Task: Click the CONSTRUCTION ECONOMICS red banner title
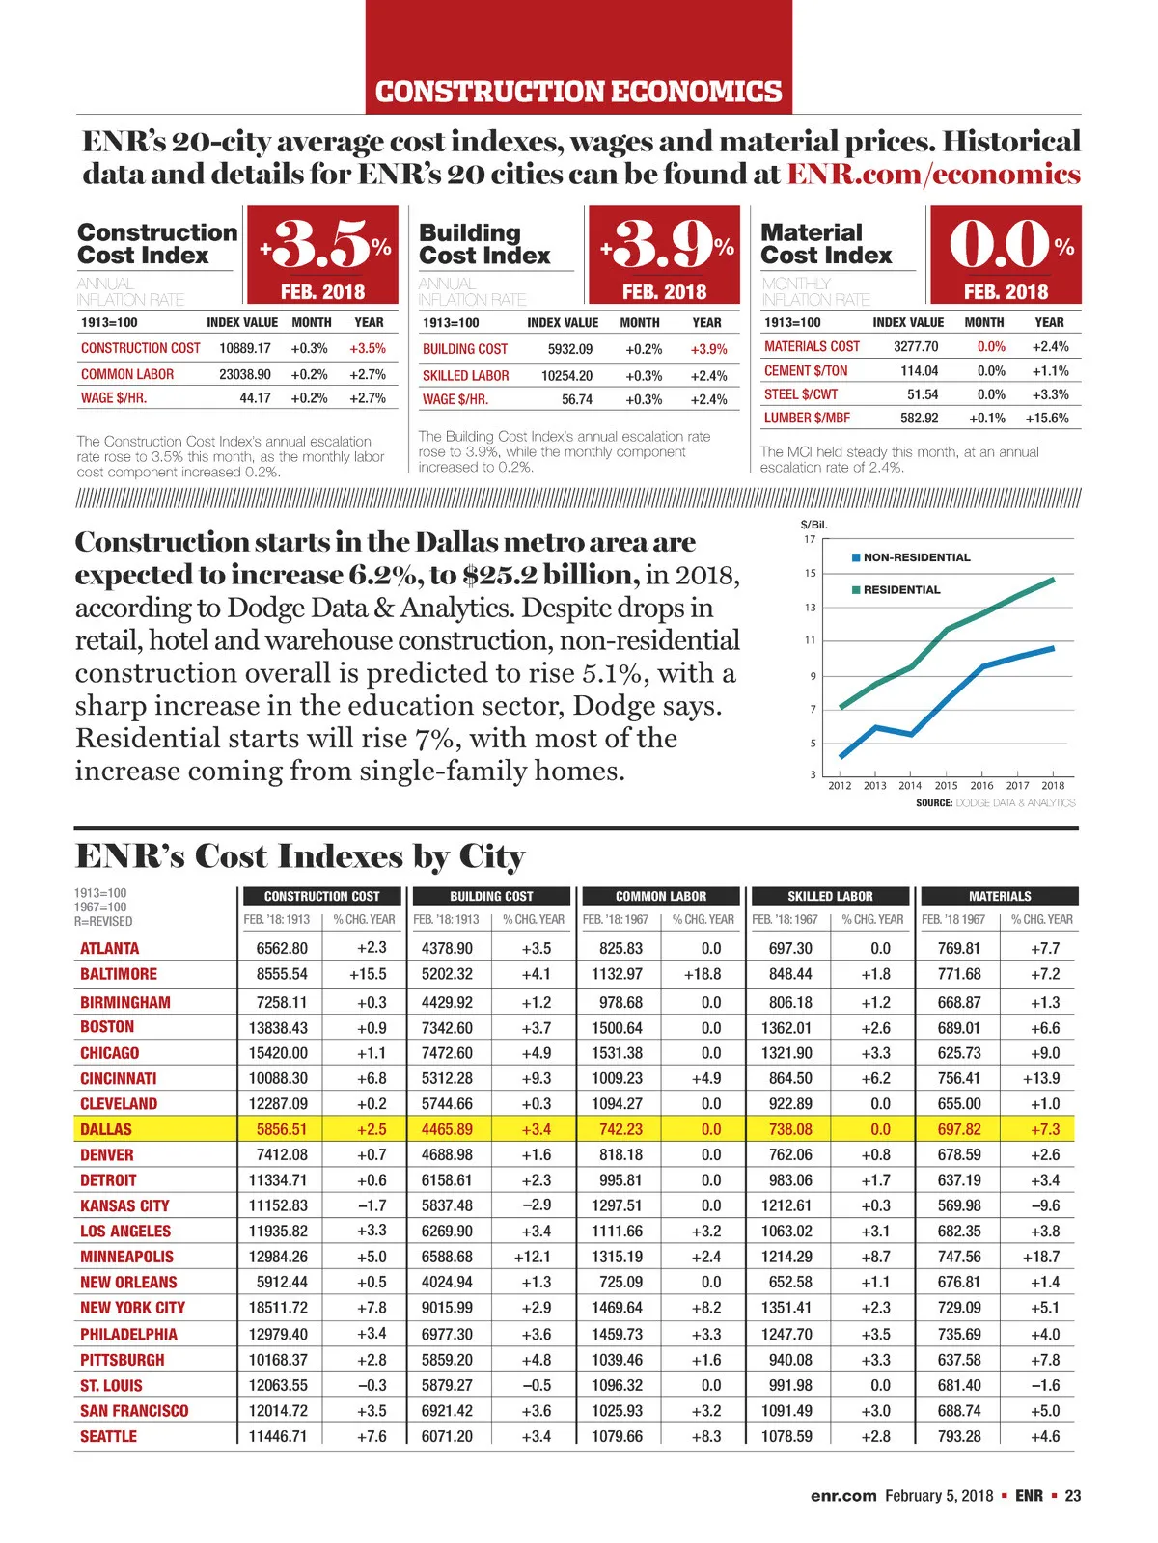(578, 92)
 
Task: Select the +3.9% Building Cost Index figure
(666, 245)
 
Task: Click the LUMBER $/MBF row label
(802, 419)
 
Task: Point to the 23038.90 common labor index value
(245, 374)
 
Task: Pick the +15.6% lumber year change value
(1047, 419)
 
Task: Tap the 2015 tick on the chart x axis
(946, 786)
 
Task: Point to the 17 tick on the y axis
(810, 539)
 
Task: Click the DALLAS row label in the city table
(106, 1129)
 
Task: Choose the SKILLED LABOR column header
(830, 896)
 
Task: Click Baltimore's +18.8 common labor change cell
(703, 974)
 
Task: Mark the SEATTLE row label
(108, 1436)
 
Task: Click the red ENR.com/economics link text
(933, 175)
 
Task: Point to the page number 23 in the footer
(1073, 1496)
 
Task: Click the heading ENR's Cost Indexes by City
(300, 856)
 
